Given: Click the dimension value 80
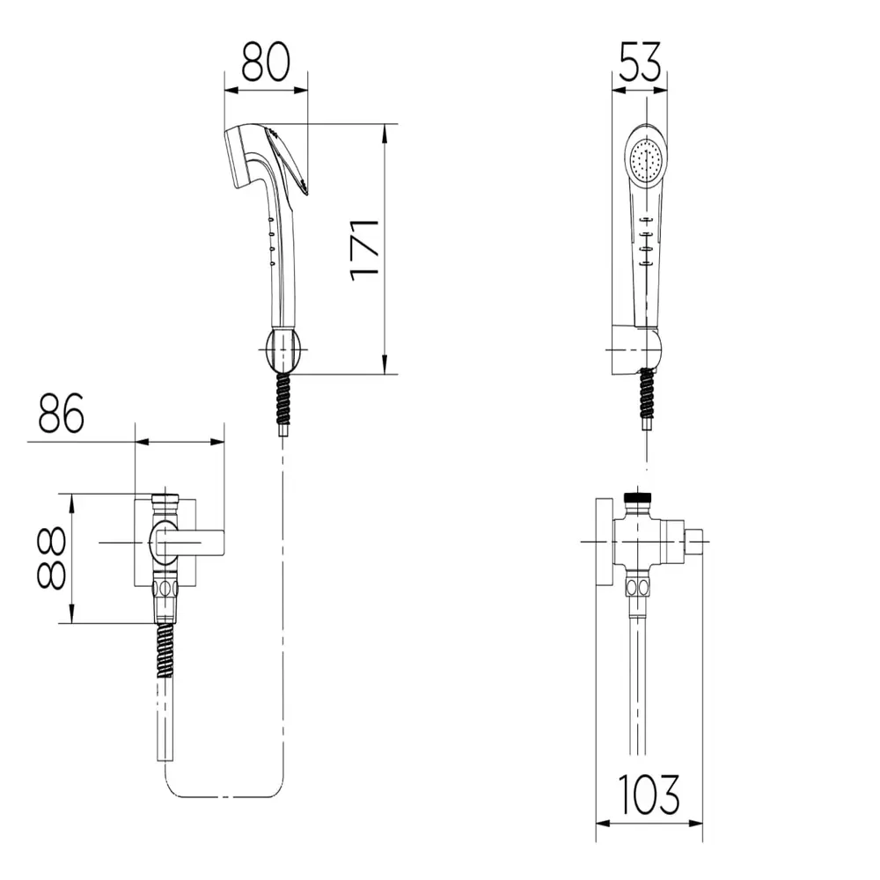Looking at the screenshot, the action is pyautogui.click(x=266, y=61).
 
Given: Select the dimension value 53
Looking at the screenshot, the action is pyautogui.click(x=640, y=62).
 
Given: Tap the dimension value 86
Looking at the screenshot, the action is pyautogui.click(x=62, y=413).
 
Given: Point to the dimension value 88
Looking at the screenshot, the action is pyautogui.click(x=52, y=558).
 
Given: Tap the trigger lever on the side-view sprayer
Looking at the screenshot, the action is pyautogui.click(x=288, y=161).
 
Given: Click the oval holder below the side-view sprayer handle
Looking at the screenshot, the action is pyautogui.click(x=285, y=351).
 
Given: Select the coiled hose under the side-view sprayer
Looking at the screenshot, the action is pyautogui.click(x=284, y=399).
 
